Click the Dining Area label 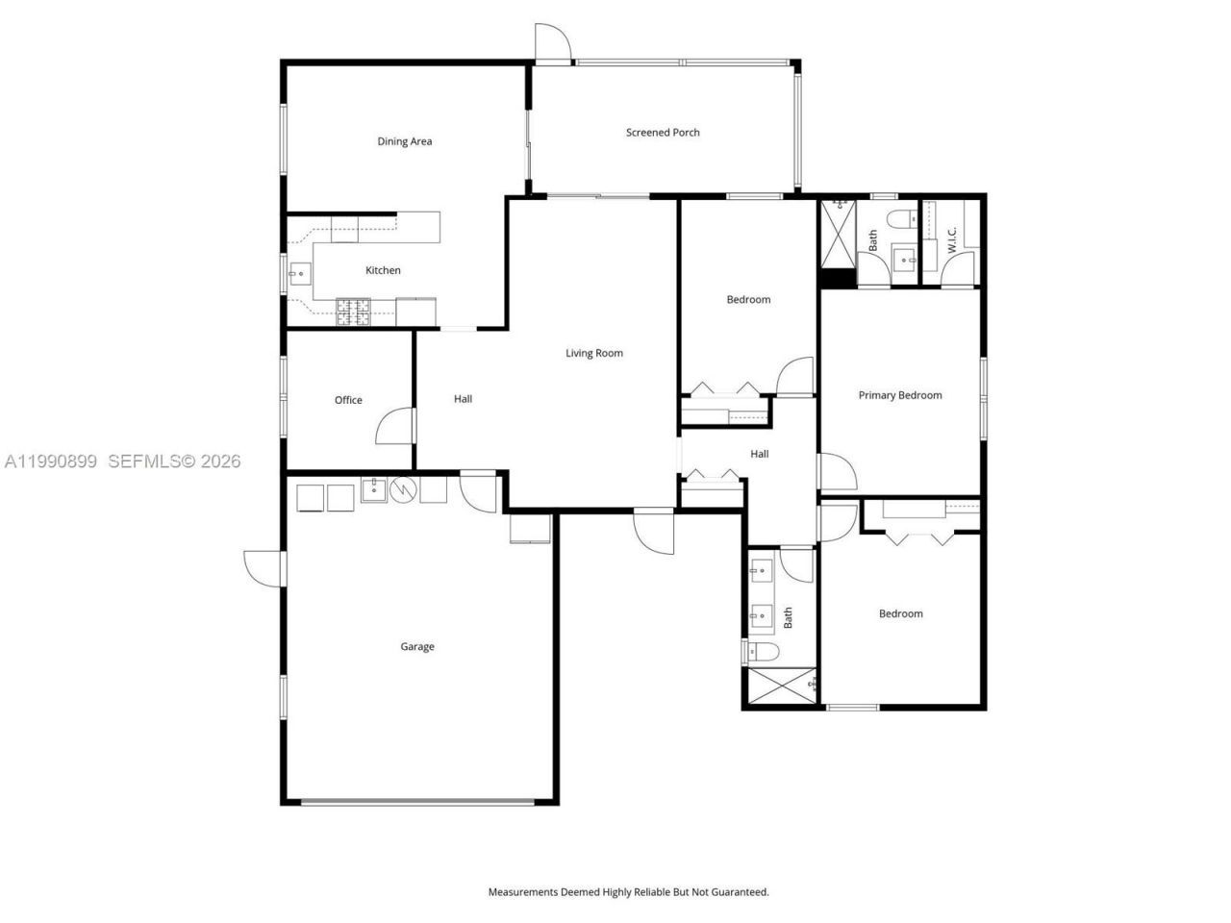[x=404, y=141]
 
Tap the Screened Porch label [x=663, y=133]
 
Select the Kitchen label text [x=383, y=270]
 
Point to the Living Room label [x=593, y=353]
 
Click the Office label [x=348, y=400]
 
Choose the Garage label [x=417, y=647]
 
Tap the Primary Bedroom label [x=899, y=395]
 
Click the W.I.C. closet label [x=950, y=239]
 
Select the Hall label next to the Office [x=463, y=399]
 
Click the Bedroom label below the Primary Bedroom [x=900, y=613]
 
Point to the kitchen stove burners [x=352, y=311]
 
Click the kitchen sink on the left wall [x=297, y=274]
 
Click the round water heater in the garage [x=404, y=490]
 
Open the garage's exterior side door [x=264, y=567]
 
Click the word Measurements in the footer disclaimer [x=523, y=892]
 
